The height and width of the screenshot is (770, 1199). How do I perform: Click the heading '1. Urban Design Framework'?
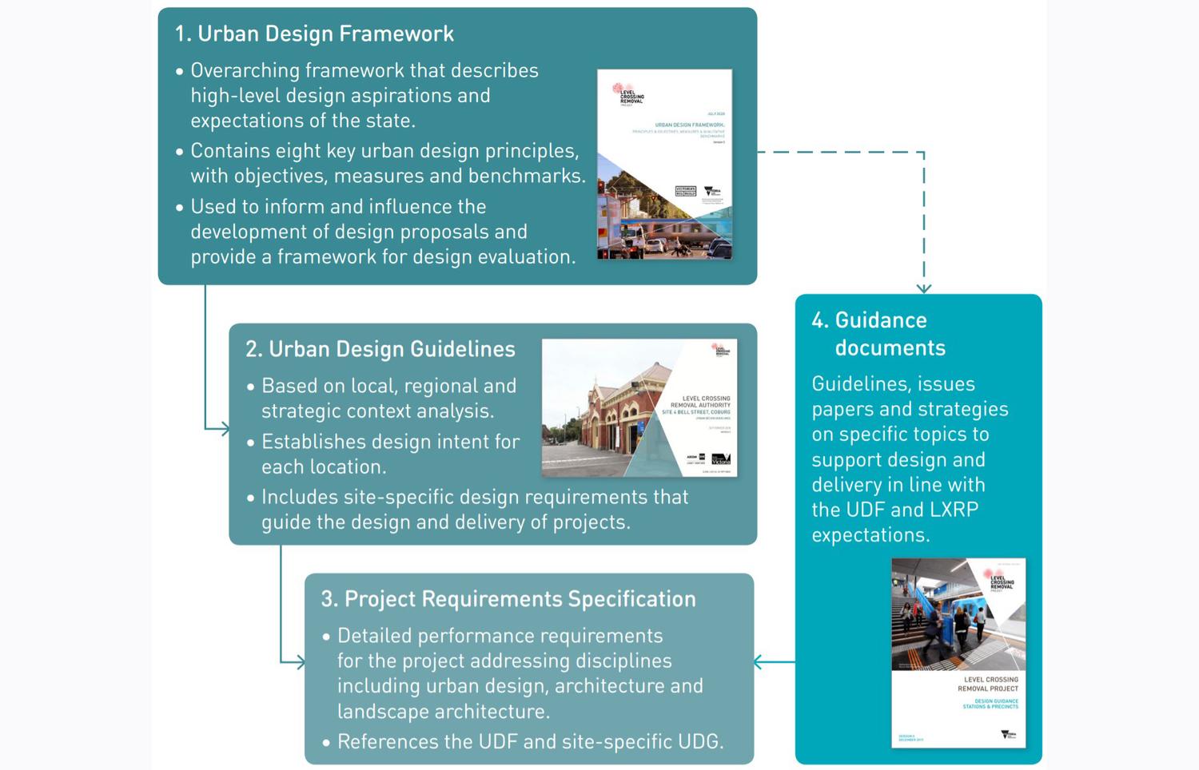pyautogui.click(x=314, y=34)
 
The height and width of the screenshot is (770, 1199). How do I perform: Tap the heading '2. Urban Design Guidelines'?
pyautogui.click(x=380, y=349)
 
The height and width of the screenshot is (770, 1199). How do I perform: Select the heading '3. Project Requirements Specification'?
pyautogui.click(x=508, y=599)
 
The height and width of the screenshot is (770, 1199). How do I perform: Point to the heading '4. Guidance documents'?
pyautogui.click(x=880, y=334)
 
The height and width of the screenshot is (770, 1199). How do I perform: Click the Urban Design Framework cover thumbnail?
pyautogui.click(x=664, y=164)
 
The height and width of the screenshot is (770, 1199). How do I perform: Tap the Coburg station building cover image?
pyautogui.click(x=639, y=408)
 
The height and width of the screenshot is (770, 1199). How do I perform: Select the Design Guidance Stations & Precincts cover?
pyautogui.click(x=958, y=653)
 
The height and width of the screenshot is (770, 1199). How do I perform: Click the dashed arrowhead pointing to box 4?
pyautogui.click(x=924, y=288)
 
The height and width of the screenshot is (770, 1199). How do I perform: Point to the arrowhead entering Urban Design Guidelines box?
pyautogui.click(x=225, y=429)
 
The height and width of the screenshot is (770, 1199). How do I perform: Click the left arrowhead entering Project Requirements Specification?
pyautogui.click(x=300, y=662)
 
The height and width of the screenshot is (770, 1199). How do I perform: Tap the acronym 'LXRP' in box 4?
pyautogui.click(x=954, y=510)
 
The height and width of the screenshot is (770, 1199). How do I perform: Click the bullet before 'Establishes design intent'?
pyautogui.click(x=251, y=443)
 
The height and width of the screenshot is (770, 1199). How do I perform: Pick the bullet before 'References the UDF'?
pyautogui.click(x=326, y=743)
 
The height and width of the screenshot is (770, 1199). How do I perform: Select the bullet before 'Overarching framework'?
pyautogui.click(x=180, y=71)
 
